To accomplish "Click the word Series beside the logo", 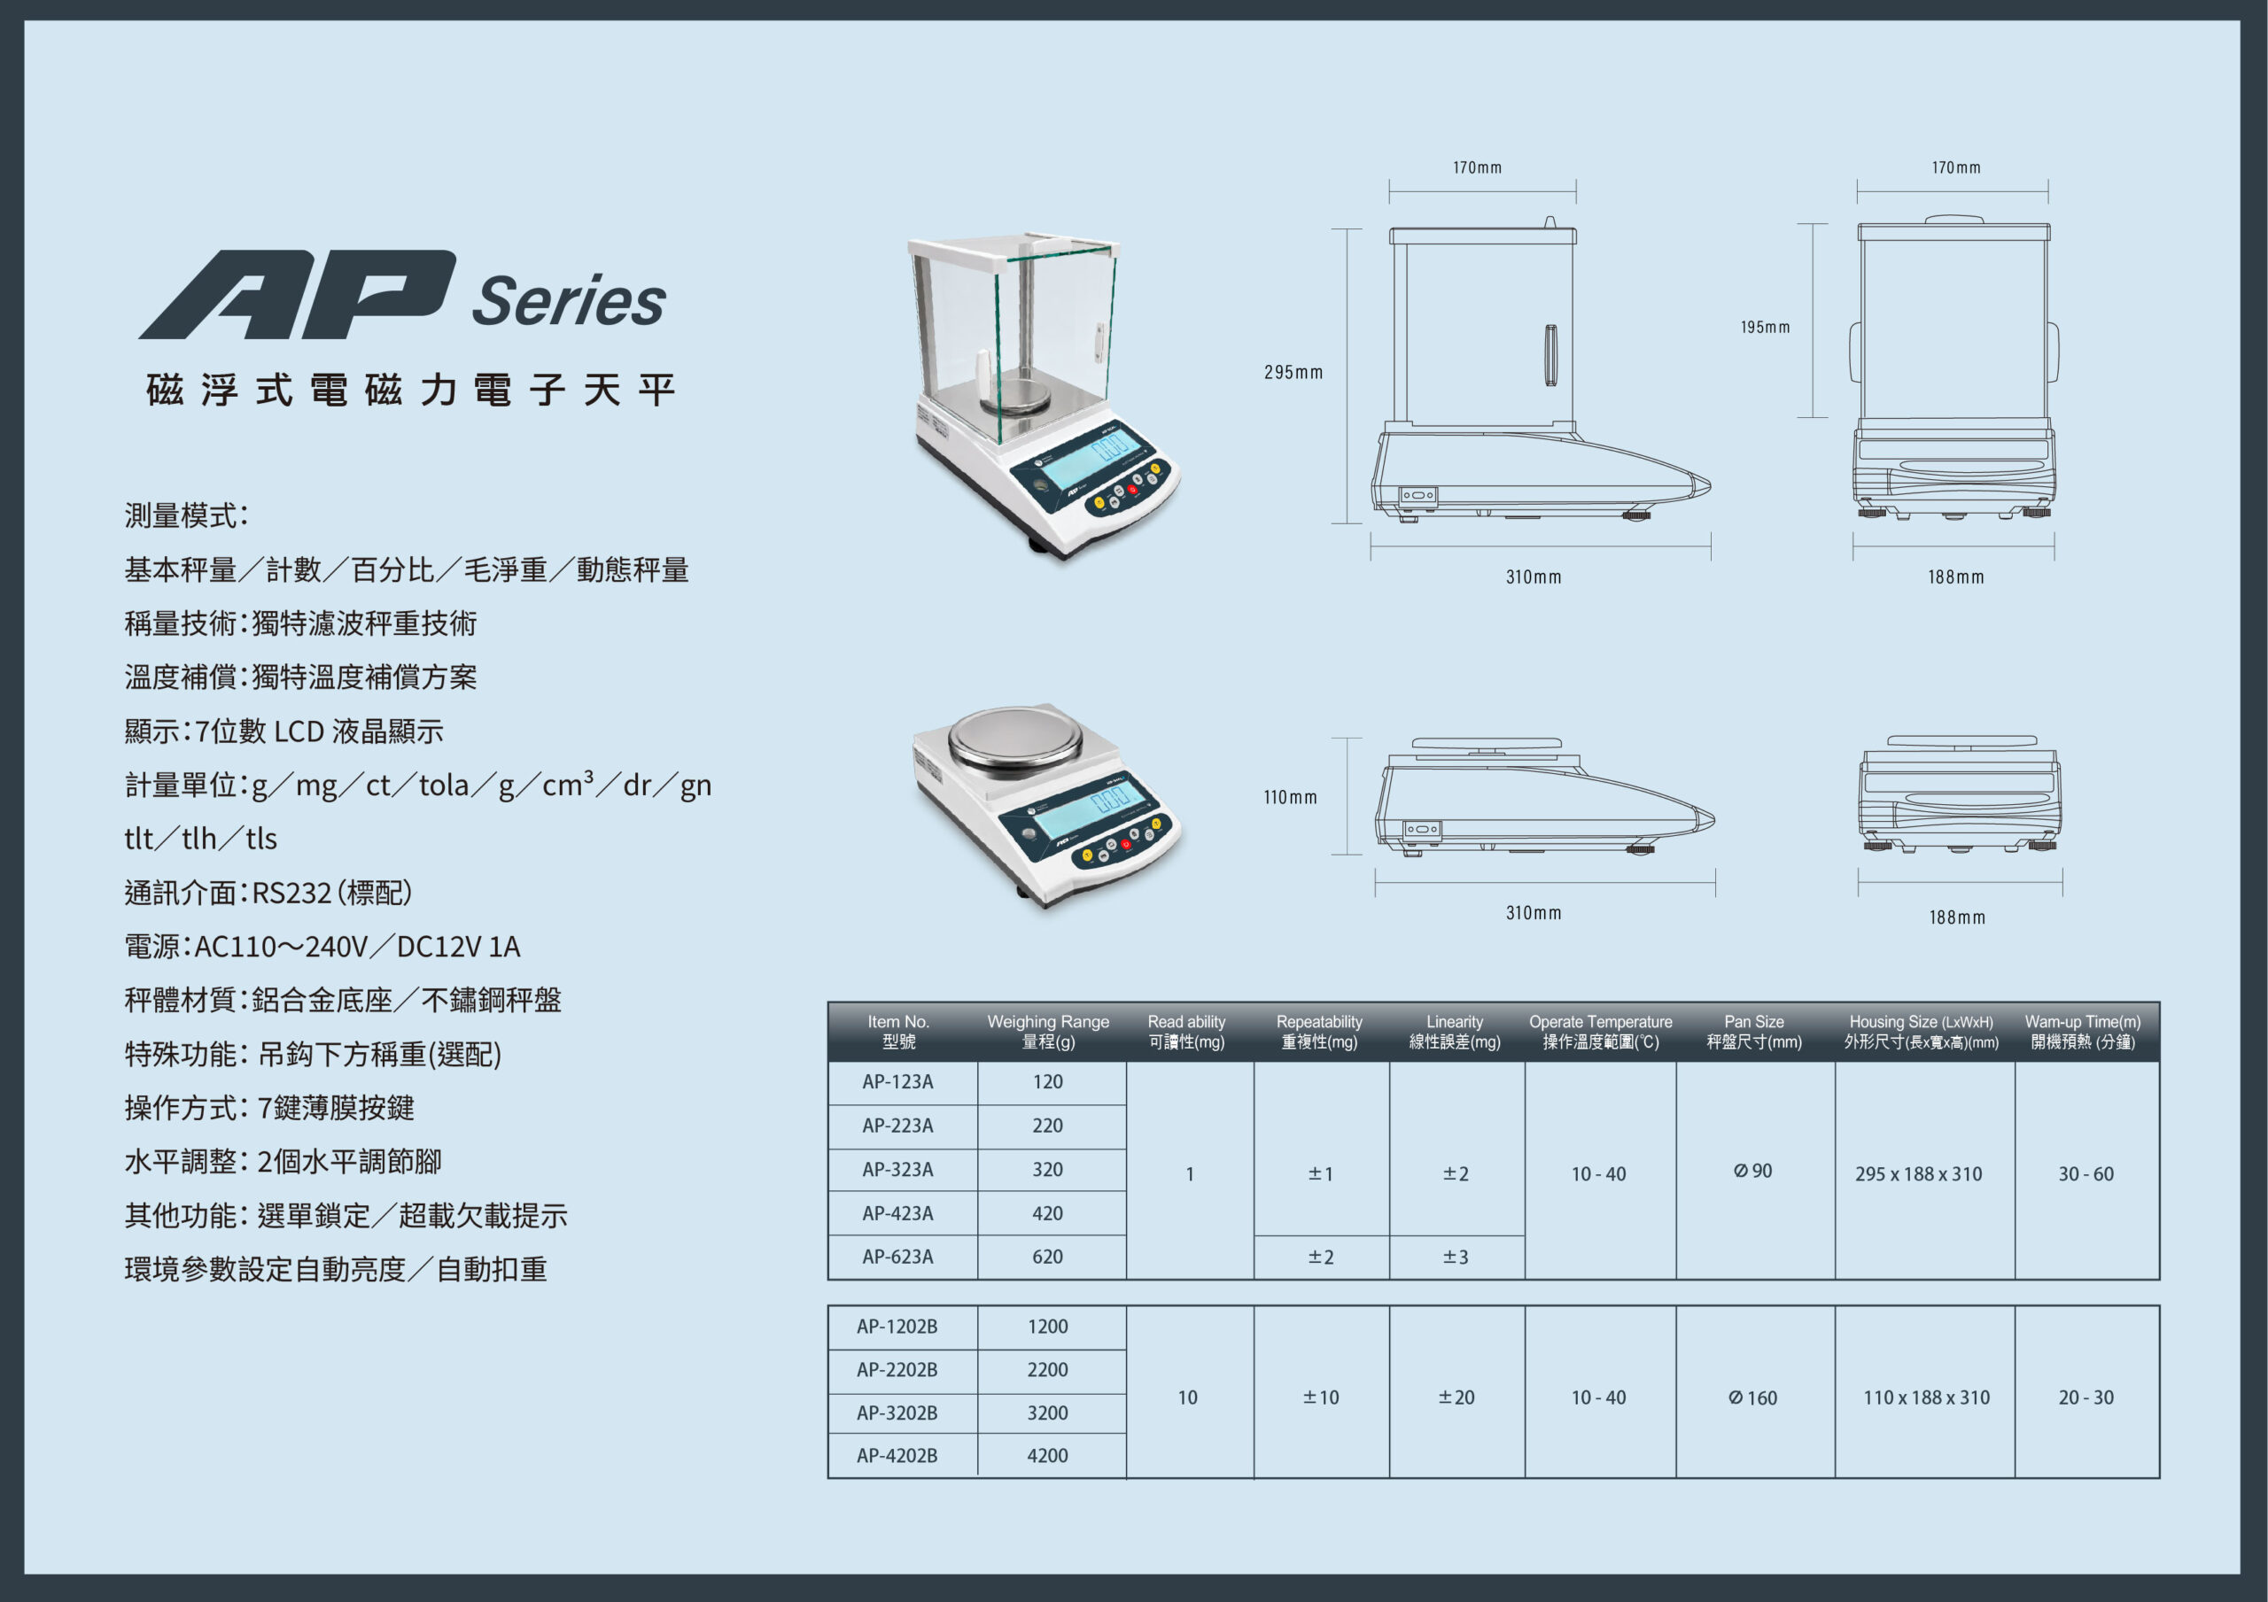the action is pos(569,300).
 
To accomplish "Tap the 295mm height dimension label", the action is pos(1293,372).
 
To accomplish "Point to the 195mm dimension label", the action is pos(1765,327).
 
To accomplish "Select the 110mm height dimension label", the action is pos(1290,797).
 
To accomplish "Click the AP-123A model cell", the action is pos(897,1081).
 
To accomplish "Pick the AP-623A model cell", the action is pos(897,1257).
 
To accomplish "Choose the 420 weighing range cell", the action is pos(1047,1213).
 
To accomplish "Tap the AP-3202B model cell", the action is pos(897,1412).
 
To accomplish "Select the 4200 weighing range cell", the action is pos(1047,1455).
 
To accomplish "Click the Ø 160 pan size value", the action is pos(1752,1397).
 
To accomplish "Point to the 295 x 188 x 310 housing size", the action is pos(1918,1173).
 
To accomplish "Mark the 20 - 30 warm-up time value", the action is pos(2086,1397).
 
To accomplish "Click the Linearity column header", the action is pos(1454,1031).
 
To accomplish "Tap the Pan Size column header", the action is pos(1754,1031).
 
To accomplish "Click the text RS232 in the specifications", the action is pos(291,893).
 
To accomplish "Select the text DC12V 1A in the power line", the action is pos(458,946).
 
